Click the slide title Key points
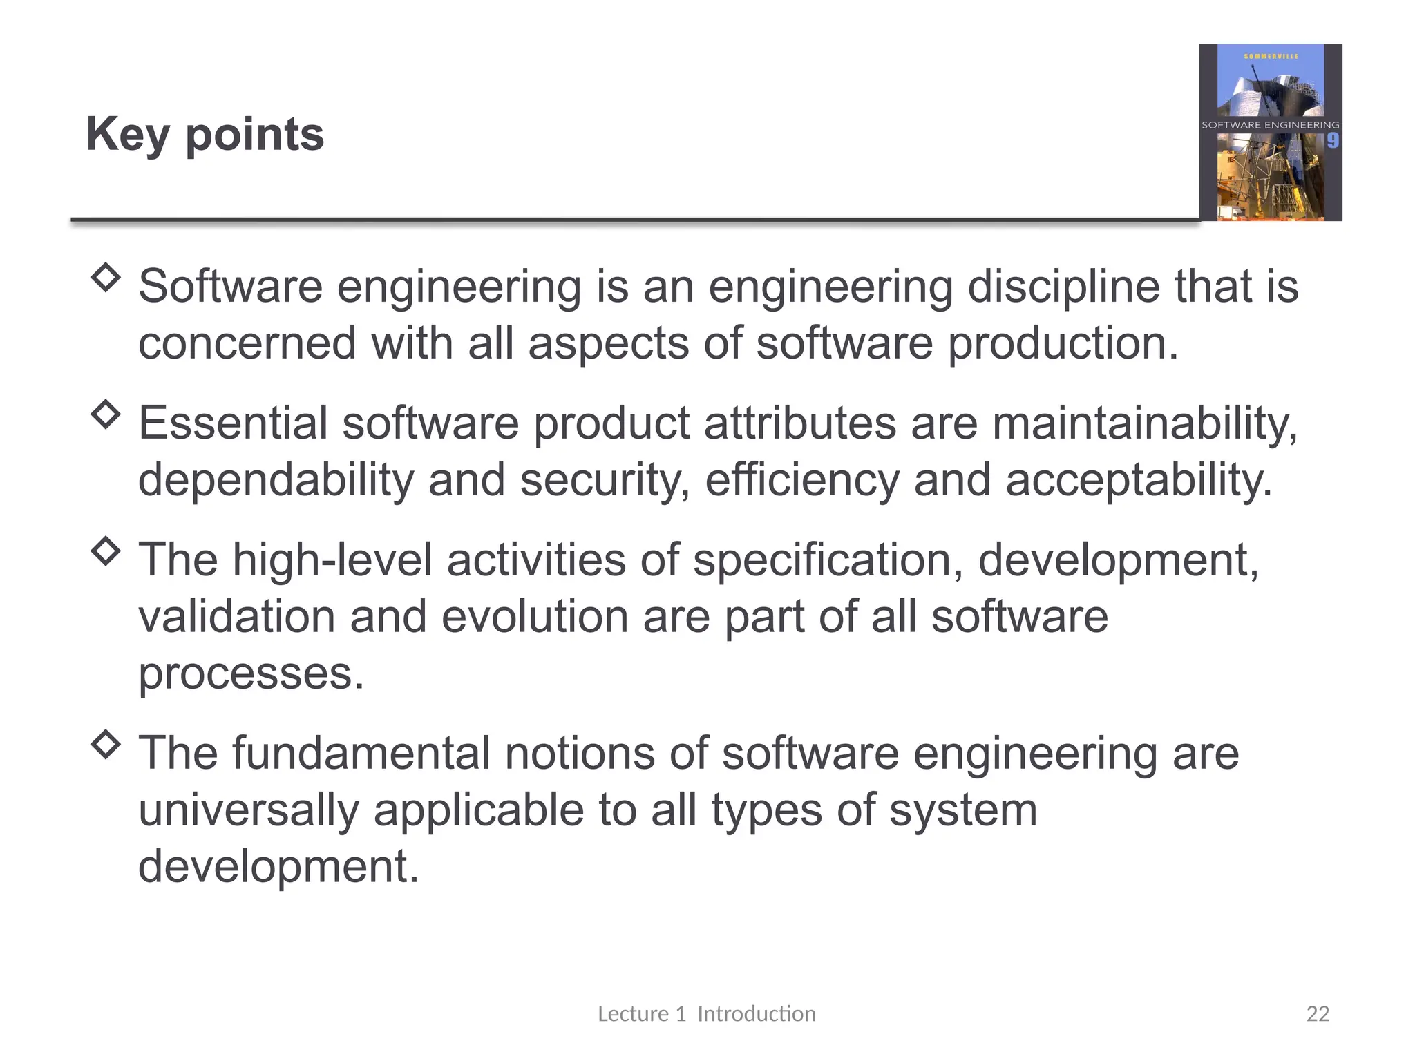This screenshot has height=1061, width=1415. tap(205, 135)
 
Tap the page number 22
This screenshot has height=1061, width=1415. tap(1318, 1013)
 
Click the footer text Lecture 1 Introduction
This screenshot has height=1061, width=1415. tap(706, 1013)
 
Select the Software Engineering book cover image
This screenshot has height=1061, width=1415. tap(1270, 133)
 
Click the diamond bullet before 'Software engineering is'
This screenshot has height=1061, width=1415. tap(106, 278)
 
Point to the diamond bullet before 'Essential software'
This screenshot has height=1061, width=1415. tap(106, 414)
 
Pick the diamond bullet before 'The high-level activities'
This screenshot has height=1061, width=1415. tap(106, 551)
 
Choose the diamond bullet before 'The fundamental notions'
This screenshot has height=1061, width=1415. tap(106, 744)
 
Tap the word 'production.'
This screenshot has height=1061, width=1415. tap(1063, 343)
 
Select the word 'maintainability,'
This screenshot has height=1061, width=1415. tap(1146, 423)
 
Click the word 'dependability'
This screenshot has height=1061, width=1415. tap(276, 480)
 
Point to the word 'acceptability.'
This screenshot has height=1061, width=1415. tap(1138, 480)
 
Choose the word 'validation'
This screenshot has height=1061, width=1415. tap(236, 616)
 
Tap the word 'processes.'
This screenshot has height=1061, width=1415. tap(251, 674)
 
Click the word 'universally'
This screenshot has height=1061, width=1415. tap(248, 810)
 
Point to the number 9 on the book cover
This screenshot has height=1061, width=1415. tap(1332, 141)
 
